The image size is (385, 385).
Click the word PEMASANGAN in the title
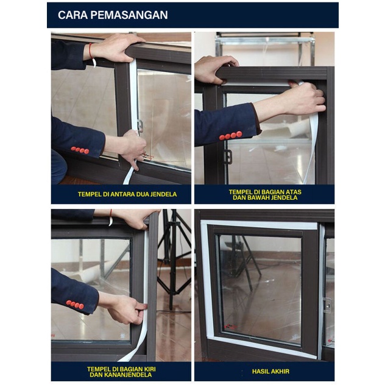129,15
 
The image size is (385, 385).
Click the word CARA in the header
72,15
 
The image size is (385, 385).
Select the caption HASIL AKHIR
270,371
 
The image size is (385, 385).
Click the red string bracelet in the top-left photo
91,54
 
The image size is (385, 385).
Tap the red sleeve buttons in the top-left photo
80,150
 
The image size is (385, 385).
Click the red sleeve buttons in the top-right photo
230,135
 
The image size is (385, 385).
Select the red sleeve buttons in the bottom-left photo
75,304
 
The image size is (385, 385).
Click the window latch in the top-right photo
228,157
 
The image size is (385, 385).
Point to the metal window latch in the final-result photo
327,305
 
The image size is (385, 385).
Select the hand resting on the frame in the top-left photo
115,48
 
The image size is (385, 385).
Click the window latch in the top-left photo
140,126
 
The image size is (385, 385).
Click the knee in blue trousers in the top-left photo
59,167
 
